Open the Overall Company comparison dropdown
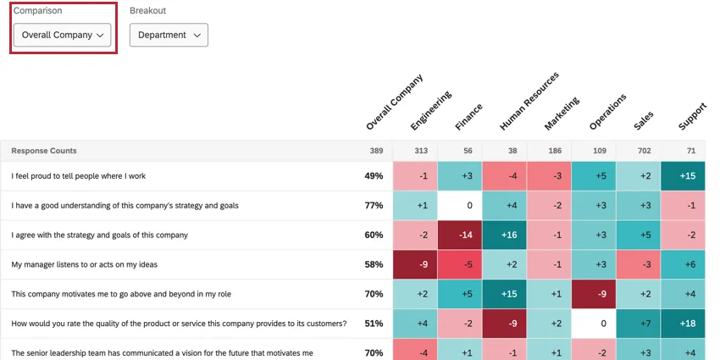point(63,35)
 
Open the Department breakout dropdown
point(169,35)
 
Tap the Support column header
point(692,117)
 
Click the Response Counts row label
point(44,151)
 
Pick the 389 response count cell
point(375,151)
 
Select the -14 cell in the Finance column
point(461,235)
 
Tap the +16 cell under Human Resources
point(505,235)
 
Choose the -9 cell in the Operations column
point(594,294)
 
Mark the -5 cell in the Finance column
point(461,264)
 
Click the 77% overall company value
point(374,206)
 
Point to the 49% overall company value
point(374,176)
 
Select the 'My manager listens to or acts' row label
point(84,264)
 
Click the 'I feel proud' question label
point(79,176)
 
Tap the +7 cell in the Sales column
point(638,323)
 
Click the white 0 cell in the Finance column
point(461,206)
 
